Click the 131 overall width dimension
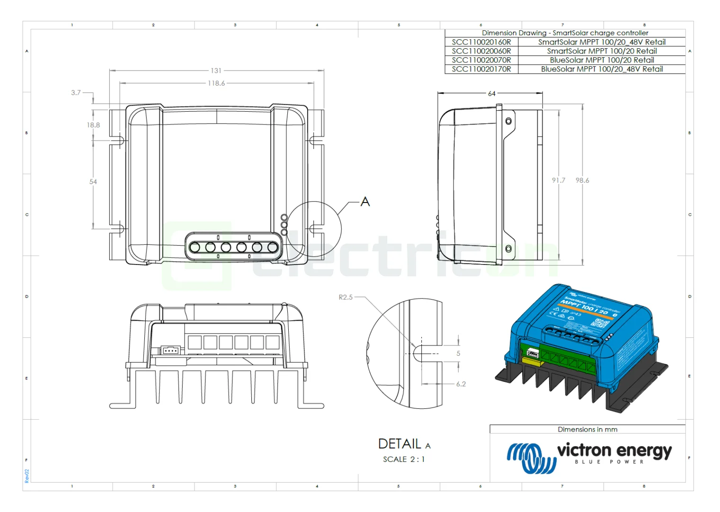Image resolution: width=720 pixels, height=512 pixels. [x=216, y=71]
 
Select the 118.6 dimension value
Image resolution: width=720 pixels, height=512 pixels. [x=216, y=83]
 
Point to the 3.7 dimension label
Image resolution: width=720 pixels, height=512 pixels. [x=76, y=93]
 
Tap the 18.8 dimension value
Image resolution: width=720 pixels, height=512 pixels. [x=93, y=125]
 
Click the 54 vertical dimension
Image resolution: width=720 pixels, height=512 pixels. [x=93, y=182]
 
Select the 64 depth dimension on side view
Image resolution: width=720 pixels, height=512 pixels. [x=492, y=94]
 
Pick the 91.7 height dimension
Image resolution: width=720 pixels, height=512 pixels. [x=558, y=180]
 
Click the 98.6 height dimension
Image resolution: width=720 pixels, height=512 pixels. [x=582, y=180]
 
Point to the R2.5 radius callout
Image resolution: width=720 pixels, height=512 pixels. [x=346, y=297]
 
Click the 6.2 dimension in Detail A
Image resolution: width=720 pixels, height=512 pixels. [x=461, y=384]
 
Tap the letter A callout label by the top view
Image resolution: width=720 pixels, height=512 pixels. [x=365, y=202]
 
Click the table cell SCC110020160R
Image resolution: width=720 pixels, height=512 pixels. [x=481, y=42]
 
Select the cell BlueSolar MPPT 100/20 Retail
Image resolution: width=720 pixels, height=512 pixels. [x=602, y=60]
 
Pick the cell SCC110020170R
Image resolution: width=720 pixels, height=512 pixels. [x=481, y=69]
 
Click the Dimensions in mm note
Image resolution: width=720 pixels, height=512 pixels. [x=587, y=430]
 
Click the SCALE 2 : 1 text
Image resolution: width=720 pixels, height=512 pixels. [x=404, y=459]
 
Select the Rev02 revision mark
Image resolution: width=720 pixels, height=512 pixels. [x=27, y=476]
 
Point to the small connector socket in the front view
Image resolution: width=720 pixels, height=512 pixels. [x=170, y=351]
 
